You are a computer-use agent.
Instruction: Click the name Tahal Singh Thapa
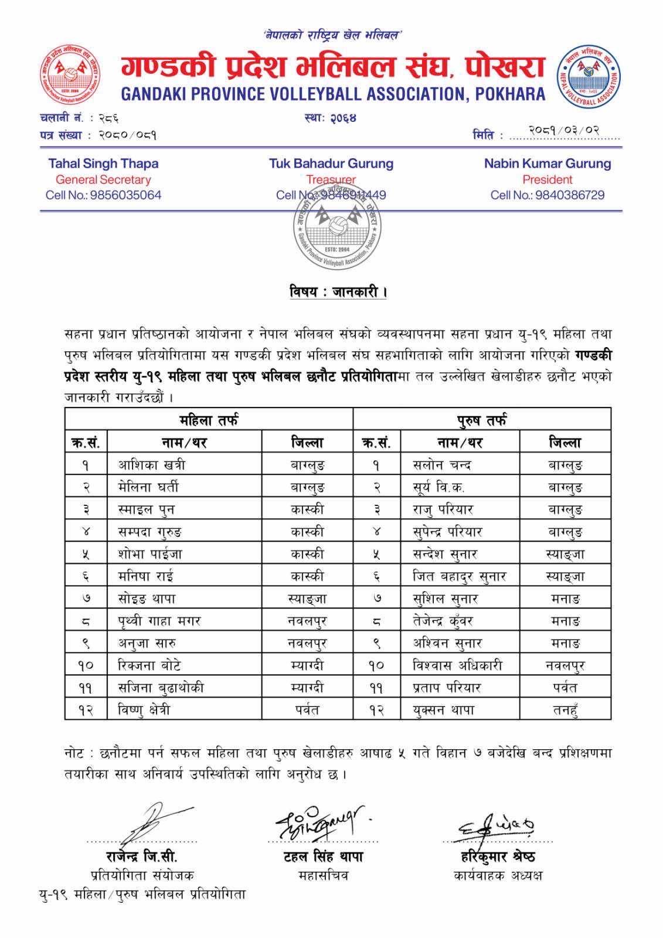pyautogui.click(x=103, y=164)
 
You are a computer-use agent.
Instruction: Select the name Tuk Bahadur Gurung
pyautogui.click(x=331, y=164)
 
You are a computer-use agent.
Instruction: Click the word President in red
pyautogui.click(x=547, y=179)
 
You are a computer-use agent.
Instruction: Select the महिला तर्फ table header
pyautogui.click(x=209, y=420)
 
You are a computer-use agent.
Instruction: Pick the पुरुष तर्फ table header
pyautogui.click(x=482, y=420)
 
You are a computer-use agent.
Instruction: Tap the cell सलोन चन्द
pyautogui.click(x=442, y=465)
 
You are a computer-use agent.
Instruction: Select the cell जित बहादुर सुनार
pyautogui.click(x=459, y=576)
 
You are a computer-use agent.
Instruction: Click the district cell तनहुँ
pyautogui.click(x=565, y=710)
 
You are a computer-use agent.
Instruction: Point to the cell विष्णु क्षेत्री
pyautogui.click(x=144, y=710)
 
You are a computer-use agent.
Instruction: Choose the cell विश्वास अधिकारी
pyautogui.click(x=457, y=665)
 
